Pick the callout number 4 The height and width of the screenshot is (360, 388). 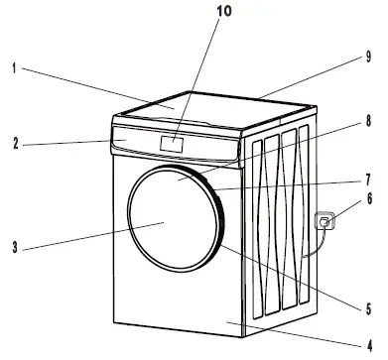366,340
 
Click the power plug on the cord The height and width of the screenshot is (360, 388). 323,224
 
